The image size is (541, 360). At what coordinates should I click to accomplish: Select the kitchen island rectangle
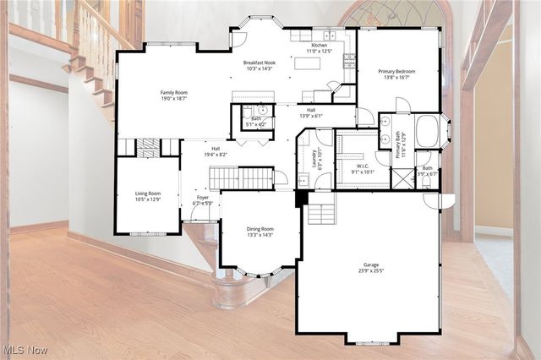[x=308, y=63]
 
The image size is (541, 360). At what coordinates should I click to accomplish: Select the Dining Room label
[x=260, y=232]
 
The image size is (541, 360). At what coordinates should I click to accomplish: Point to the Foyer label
[x=203, y=201]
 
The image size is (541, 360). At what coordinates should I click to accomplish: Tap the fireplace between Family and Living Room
[x=148, y=148]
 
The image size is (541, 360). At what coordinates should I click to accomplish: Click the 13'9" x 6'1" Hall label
[x=311, y=112]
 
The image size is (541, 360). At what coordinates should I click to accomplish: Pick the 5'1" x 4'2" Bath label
[x=254, y=121]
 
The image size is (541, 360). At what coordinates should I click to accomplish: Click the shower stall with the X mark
[x=402, y=178]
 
